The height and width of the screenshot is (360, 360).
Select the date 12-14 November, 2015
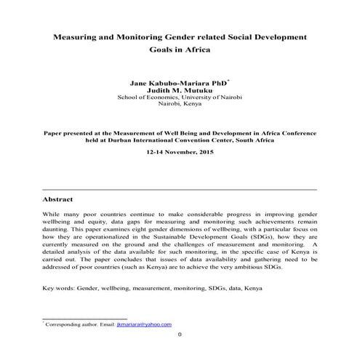[x=180, y=154]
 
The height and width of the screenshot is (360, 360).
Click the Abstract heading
[x=58, y=199]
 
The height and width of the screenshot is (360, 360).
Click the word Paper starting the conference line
[x=55, y=133]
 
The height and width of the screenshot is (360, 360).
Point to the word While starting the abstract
[x=52, y=217]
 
